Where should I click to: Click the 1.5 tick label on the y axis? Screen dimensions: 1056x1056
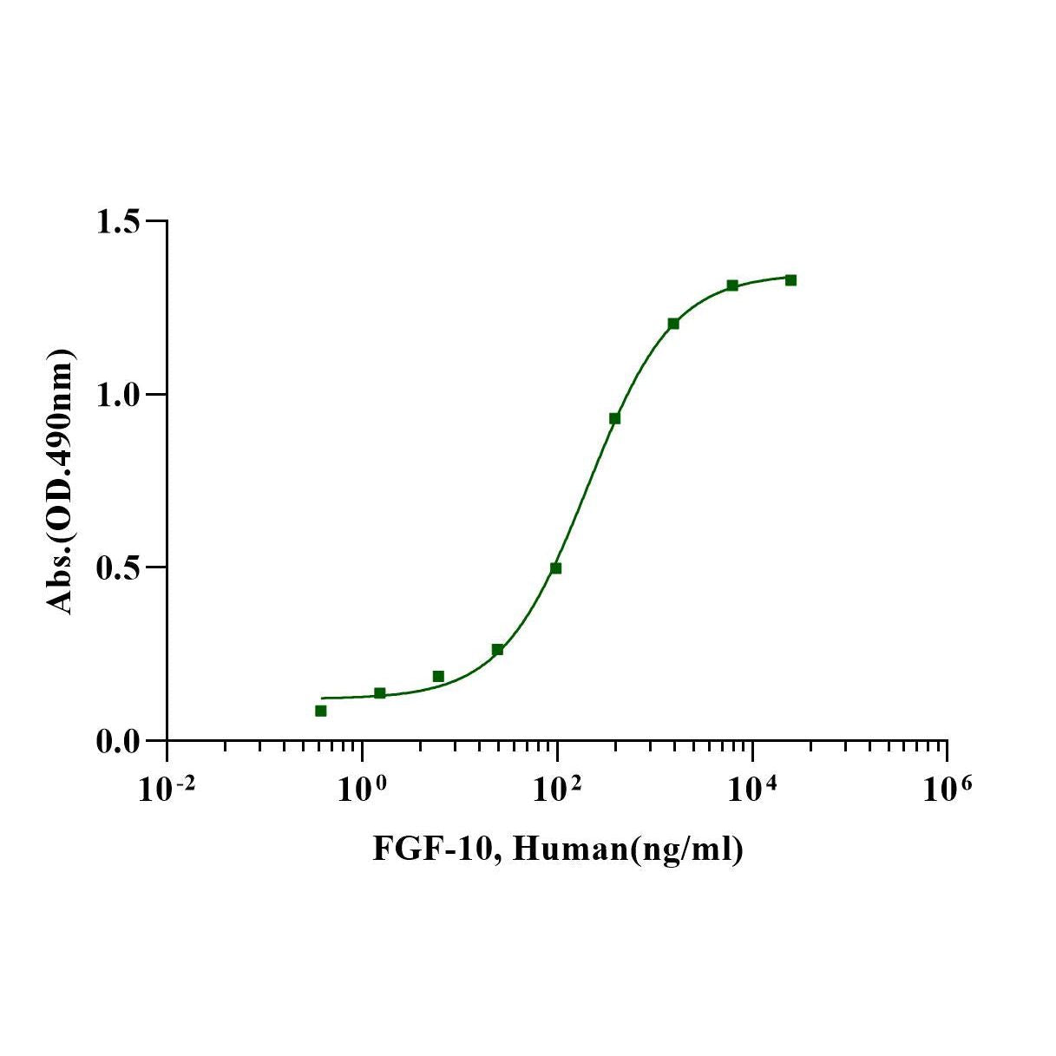[119, 222]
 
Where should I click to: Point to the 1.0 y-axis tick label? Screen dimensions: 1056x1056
[119, 395]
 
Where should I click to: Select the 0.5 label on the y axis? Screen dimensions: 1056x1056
[119, 567]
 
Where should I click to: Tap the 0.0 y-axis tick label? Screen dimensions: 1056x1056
[119, 741]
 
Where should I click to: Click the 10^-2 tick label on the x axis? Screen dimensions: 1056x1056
[167, 790]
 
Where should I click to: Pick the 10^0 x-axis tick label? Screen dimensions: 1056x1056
[362, 790]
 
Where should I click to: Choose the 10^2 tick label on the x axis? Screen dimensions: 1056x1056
[557, 790]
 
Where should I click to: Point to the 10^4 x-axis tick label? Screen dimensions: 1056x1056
[752, 790]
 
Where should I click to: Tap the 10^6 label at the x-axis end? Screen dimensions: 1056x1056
[947, 790]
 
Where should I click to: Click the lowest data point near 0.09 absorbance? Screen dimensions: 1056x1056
[321, 711]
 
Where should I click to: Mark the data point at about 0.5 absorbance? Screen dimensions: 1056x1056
[556, 568]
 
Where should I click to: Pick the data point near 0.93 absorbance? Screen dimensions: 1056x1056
[614, 418]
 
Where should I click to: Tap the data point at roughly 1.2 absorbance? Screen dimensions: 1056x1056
[673, 324]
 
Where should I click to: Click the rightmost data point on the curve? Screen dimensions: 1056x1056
[790, 280]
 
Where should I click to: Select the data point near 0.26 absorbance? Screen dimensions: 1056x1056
[497, 650]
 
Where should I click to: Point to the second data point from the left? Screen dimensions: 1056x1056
[380, 692]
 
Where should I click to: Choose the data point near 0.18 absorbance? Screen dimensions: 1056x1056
[438, 676]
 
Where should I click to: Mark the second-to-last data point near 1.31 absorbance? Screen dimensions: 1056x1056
[732, 285]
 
